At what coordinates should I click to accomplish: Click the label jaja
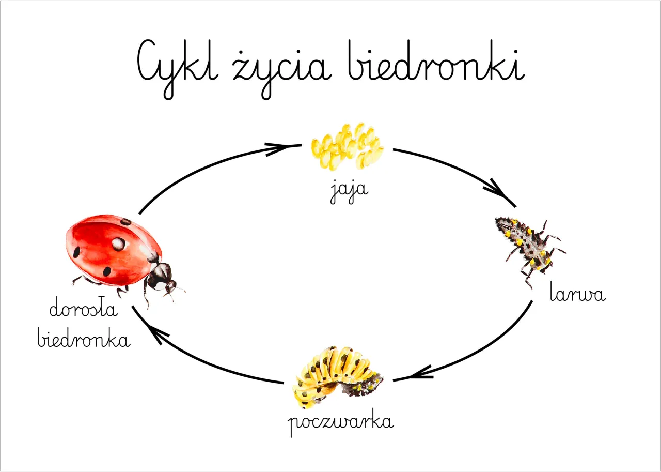349,192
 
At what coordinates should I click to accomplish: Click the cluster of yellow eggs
348,146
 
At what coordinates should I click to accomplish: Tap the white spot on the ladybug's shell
118,244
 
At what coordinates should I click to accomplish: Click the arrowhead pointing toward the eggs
277,148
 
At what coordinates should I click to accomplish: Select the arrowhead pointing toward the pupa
420,373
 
